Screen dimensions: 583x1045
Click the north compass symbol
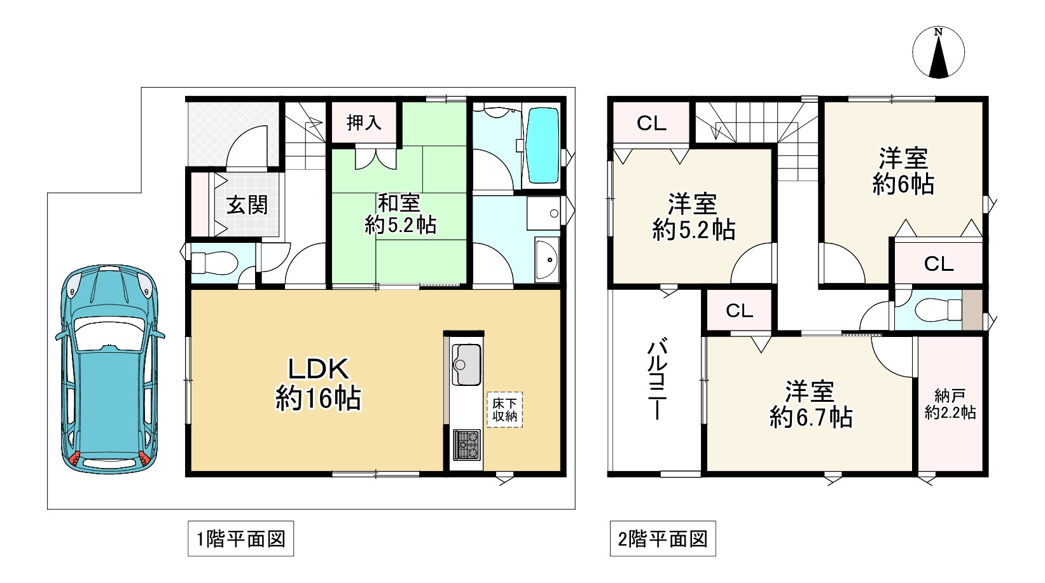tap(938, 53)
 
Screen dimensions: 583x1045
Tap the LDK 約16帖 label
tap(318, 384)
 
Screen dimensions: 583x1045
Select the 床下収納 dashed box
tap(504, 409)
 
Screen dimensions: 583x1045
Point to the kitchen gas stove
tap(467, 444)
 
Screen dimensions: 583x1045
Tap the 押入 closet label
tap(364, 123)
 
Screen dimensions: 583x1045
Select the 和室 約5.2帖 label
tap(399, 214)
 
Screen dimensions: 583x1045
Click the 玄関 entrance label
tap(247, 205)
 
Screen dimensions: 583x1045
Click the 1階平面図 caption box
tap(240, 539)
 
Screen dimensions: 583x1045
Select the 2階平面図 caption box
tap(662, 539)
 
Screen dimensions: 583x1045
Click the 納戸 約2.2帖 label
tap(950, 404)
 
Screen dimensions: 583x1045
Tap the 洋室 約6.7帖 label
tap(810, 404)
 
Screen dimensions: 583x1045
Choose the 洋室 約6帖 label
tap(903, 170)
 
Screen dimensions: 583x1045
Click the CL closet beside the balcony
tap(739, 310)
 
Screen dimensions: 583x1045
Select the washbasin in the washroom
tap(546, 259)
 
